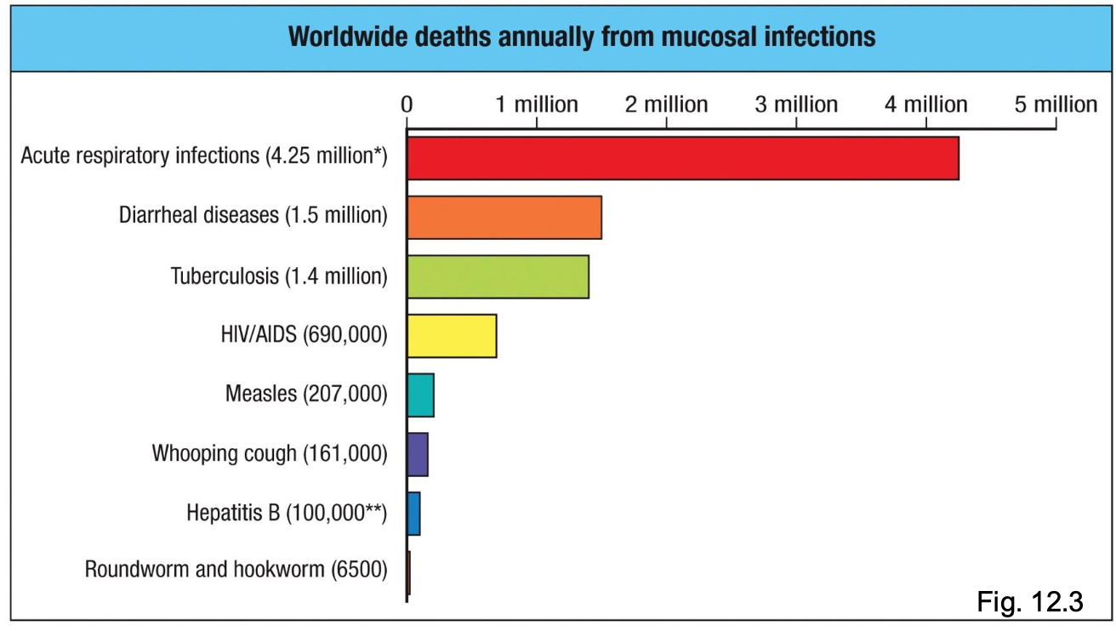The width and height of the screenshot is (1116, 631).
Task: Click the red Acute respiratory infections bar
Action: (682, 158)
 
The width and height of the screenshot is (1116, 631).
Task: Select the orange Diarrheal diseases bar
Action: (504, 218)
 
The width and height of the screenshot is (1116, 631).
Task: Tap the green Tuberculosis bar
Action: (498, 276)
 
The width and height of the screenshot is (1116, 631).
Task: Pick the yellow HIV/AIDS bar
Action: (452, 335)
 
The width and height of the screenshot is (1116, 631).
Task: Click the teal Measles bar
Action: (421, 395)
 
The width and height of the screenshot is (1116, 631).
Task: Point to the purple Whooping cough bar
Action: (418, 454)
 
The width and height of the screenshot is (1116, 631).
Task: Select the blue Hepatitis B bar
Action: (414, 514)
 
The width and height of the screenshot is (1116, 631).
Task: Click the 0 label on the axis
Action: (407, 105)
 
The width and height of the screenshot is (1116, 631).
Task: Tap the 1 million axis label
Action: (537, 105)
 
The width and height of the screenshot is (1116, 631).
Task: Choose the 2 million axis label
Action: (667, 105)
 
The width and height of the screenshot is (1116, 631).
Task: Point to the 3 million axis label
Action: (797, 105)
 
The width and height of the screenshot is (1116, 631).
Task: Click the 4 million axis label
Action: (926, 105)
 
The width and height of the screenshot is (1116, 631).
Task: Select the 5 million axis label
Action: (1056, 105)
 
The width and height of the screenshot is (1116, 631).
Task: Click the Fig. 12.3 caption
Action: (1029, 602)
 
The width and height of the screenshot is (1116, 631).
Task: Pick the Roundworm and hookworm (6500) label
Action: (236, 569)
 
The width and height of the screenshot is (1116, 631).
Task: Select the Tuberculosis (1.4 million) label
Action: (278, 276)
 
